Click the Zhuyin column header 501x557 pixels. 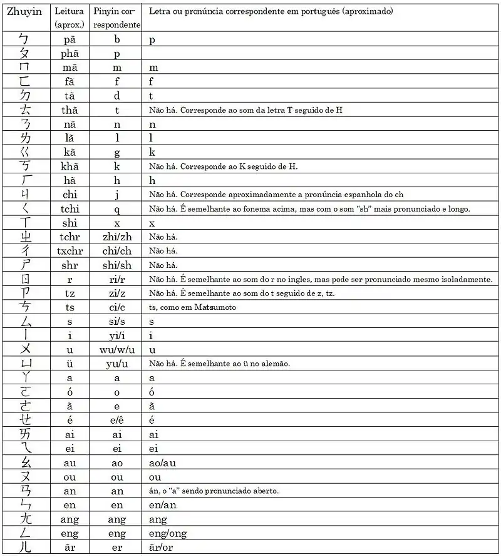pos(24,12)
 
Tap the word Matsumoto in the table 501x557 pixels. pos(216,307)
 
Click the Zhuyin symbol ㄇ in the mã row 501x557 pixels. pos(24,68)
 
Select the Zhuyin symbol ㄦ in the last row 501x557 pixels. pos(24,548)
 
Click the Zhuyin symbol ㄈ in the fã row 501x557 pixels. pos(24,82)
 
